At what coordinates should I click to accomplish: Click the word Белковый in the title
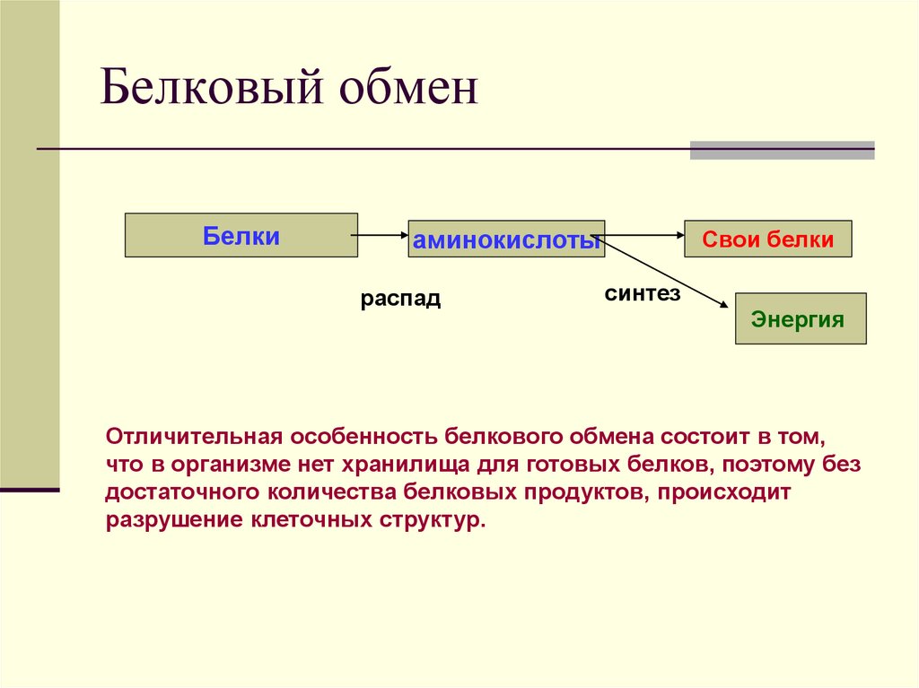tap(210, 92)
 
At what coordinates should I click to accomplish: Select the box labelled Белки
tap(241, 236)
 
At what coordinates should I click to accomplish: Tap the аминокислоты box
tap(506, 239)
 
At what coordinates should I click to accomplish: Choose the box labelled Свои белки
tap(767, 239)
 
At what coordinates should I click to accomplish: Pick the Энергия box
tap(800, 319)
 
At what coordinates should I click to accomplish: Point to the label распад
tap(400, 299)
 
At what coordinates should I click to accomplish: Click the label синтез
tap(642, 293)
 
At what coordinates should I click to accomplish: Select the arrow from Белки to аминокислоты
tap(382, 236)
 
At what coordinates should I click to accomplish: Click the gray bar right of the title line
tap(782, 150)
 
